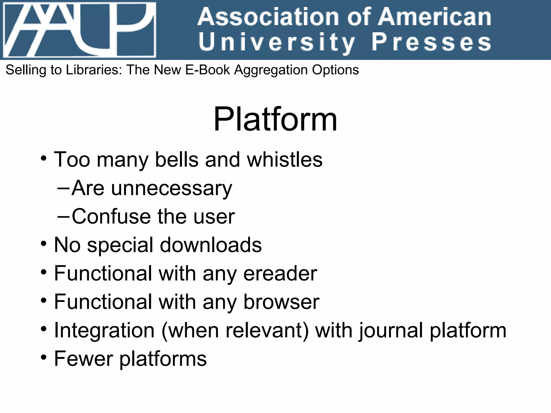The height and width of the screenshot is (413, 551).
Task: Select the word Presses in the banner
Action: tap(431, 42)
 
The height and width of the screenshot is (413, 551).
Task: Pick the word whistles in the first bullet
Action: tap(285, 159)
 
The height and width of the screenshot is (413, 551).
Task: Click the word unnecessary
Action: tap(171, 188)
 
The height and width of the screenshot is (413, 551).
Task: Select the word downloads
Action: tap(211, 245)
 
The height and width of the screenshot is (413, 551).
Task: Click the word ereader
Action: tap(280, 273)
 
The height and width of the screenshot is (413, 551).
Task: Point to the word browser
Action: tap(281, 302)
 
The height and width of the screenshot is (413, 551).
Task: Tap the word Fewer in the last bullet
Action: tap(83, 359)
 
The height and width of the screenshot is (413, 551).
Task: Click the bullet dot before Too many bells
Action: tap(44, 158)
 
